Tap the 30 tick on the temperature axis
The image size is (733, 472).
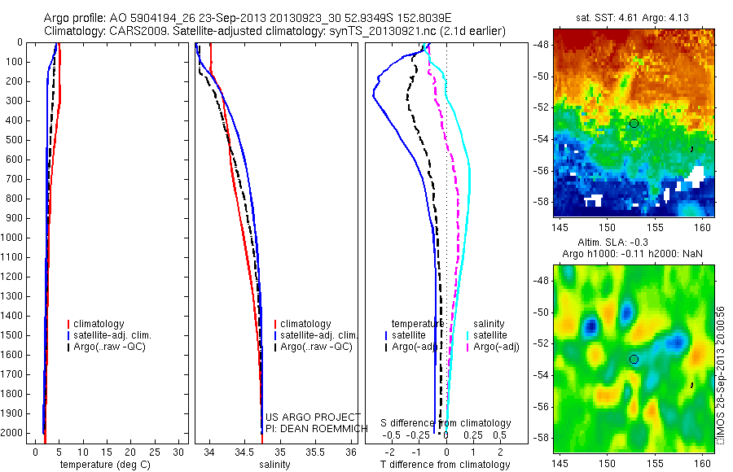(x=180, y=451)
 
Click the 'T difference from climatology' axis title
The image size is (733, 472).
(x=445, y=465)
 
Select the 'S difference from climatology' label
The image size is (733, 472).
(x=446, y=423)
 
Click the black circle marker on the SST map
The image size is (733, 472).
(x=634, y=123)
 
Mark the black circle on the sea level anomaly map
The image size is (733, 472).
(x=634, y=359)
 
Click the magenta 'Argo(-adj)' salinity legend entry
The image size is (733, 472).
(x=496, y=347)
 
